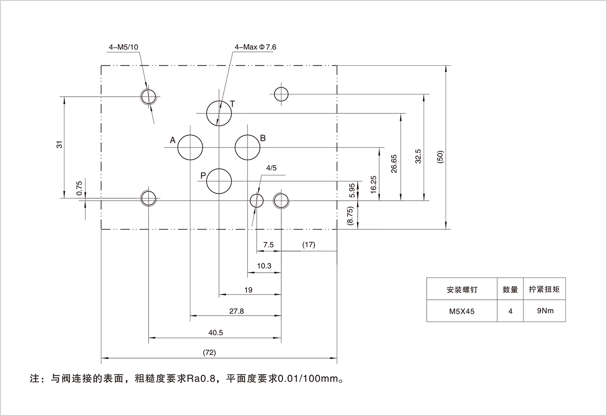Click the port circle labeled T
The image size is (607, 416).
219,113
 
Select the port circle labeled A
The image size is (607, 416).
190,148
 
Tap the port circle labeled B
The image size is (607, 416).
247,148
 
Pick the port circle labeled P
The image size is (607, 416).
219,181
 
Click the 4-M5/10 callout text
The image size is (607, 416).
123,47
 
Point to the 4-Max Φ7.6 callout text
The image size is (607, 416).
256,47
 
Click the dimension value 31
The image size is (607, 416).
59,145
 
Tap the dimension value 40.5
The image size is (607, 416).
215,332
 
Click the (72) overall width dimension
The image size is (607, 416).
210,353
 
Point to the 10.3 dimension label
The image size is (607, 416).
264,265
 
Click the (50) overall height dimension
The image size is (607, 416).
440,156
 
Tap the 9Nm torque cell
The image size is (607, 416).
545,310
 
